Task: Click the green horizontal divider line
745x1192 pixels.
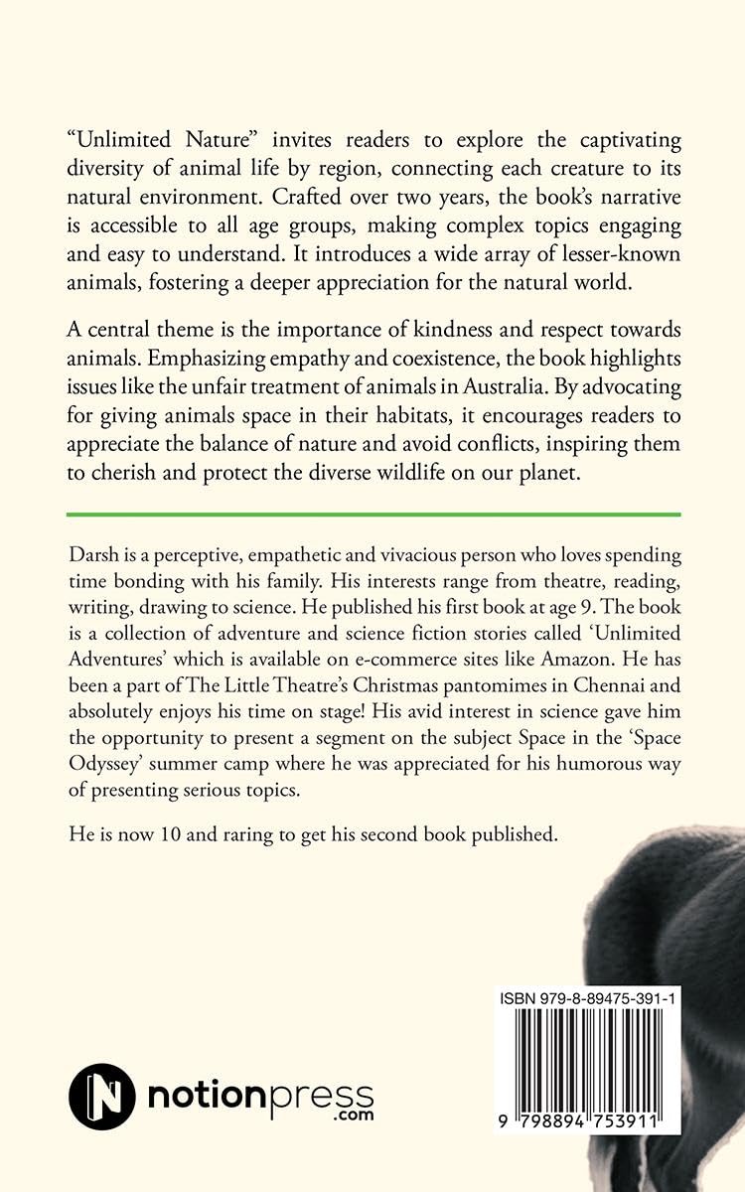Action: click(x=372, y=515)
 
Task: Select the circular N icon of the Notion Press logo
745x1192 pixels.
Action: click(x=101, y=1097)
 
